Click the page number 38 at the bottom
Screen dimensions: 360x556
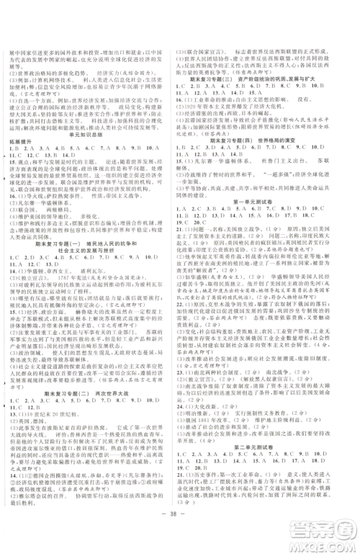click(180, 537)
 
